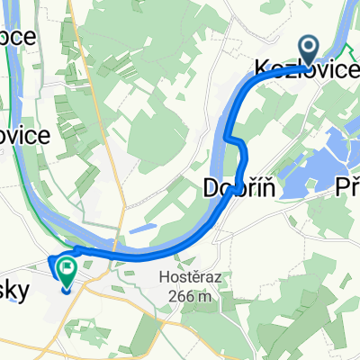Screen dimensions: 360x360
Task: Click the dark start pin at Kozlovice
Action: pyautogui.click(x=308, y=50)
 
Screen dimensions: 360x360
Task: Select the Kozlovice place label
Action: pyautogui.click(x=305, y=67)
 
